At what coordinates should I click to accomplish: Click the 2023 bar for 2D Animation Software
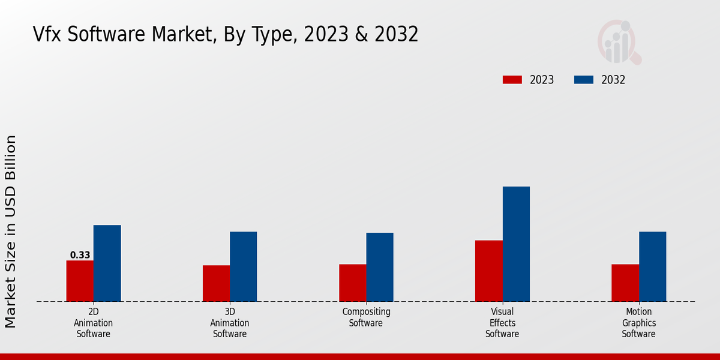[80, 281]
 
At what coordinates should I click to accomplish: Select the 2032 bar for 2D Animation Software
[107, 263]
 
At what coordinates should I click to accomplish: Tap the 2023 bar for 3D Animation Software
[216, 283]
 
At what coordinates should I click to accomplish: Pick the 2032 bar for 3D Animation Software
[243, 266]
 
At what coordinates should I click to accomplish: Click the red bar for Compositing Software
[352, 283]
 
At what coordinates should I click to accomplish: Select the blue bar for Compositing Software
[380, 267]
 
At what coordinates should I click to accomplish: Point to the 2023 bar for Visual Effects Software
[488, 271]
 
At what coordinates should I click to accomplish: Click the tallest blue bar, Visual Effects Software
[516, 244]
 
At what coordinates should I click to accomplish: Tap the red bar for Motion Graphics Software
[625, 283]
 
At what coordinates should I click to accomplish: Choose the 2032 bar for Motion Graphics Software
[652, 266]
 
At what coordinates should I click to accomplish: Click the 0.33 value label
[80, 255]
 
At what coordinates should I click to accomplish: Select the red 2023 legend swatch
[512, 80]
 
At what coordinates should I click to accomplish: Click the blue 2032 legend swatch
[584, 80]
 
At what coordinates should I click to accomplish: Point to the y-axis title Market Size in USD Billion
[11, 232]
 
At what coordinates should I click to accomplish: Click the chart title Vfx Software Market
[226, 35]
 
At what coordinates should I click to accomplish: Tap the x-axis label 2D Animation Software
[94, 323]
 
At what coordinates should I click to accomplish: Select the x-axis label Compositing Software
[366, 317]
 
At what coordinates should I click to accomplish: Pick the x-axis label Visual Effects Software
[502, 323]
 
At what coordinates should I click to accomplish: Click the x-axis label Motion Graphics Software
[638, 323]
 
